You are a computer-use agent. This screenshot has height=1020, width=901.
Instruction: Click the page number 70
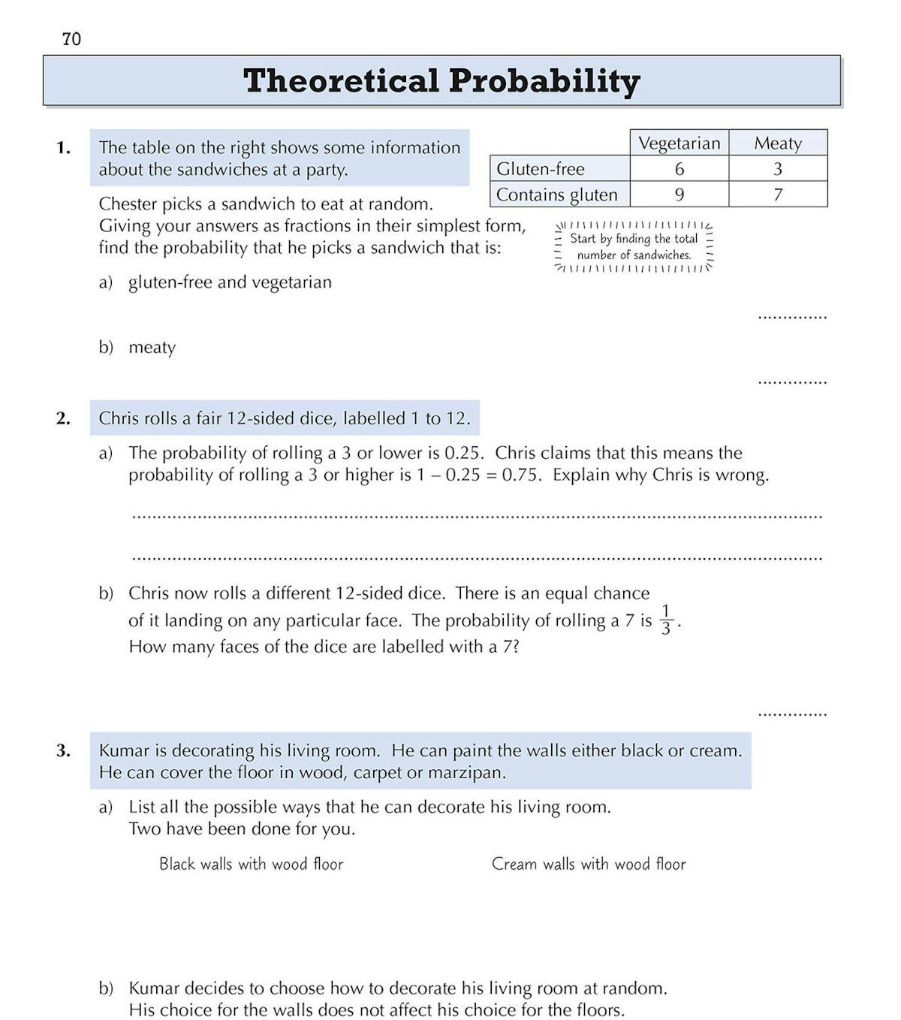click(72, 39)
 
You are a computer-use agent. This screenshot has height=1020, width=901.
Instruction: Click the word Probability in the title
click(544, 81)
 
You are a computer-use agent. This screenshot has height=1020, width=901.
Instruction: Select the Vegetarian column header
click(679, 143)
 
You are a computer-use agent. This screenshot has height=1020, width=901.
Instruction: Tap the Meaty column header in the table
click(778, 143)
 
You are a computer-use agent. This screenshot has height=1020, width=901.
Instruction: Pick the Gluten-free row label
click(541, 169)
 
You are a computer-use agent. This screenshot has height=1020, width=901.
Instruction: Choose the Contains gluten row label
click(557, 195)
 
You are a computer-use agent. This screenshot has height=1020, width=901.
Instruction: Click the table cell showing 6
click(679, 169)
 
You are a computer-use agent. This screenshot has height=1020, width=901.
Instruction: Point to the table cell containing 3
click(778, 169)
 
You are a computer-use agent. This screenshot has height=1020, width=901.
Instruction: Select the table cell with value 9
click(679, 195)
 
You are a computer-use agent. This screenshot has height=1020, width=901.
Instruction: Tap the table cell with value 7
click(778, 195)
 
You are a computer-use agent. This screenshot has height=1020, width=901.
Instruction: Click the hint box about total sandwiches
click(634, 246)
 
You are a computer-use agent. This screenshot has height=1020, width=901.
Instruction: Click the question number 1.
click(63, 148)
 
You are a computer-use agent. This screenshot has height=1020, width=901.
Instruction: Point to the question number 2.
click(63, 418)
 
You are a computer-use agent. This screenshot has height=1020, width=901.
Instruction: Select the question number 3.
click(63, 750)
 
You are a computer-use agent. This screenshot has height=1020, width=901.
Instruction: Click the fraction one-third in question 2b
click(666, 620)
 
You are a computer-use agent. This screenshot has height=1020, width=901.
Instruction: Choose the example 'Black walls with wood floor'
click(251, 864)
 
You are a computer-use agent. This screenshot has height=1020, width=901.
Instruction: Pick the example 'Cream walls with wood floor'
click(589, 864)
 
